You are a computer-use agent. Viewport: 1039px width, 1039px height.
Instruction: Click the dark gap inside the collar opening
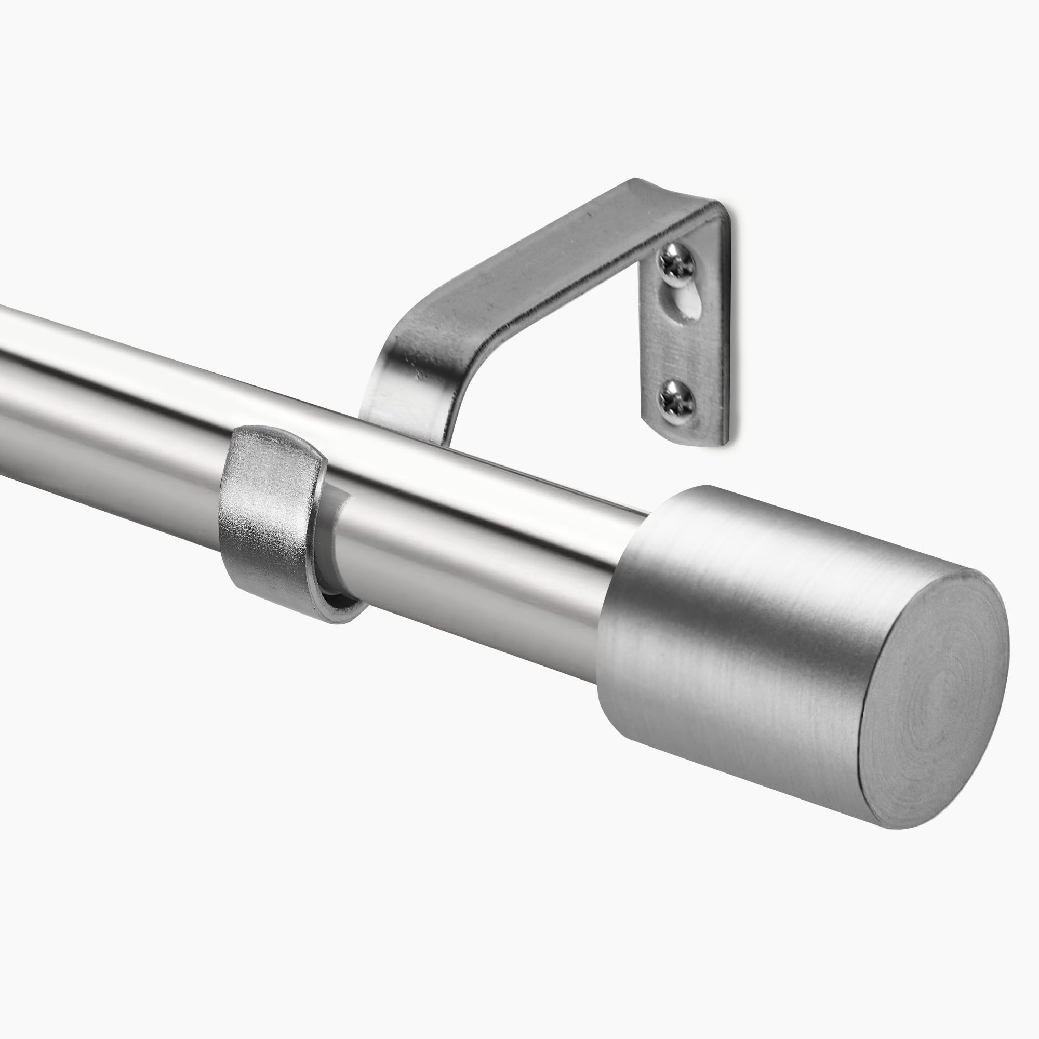tap(336, 597)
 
